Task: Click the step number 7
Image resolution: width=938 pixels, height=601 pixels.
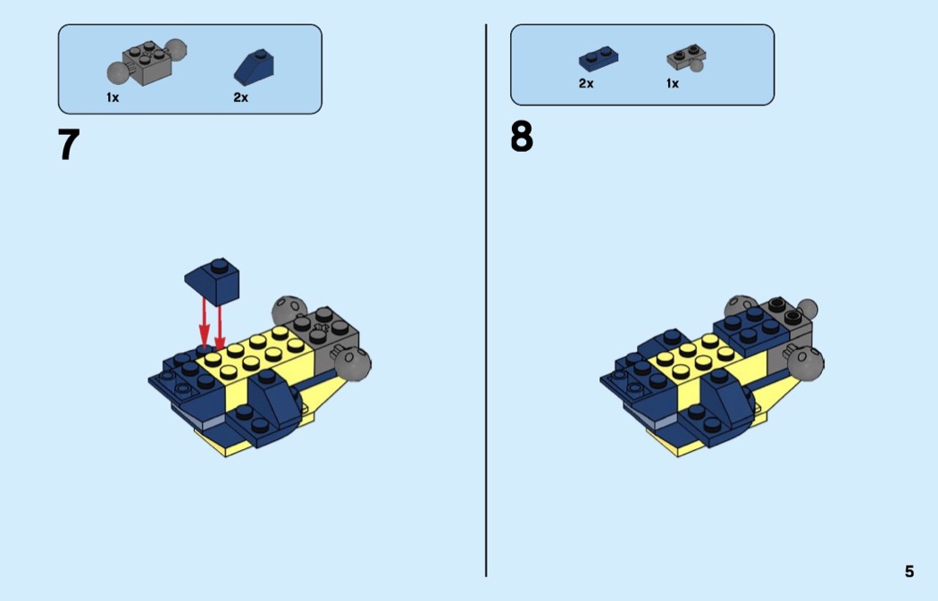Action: pos(69,144)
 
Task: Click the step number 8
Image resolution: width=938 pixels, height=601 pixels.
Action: pos(522,137)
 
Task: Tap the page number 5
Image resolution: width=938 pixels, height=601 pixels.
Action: pos(909,572)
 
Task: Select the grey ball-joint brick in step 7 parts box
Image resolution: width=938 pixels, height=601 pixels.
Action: pos(147,62)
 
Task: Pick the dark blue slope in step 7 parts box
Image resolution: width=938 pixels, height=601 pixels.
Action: pos(255,68)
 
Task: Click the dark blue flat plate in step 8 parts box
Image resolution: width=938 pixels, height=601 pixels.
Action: pos(599,59)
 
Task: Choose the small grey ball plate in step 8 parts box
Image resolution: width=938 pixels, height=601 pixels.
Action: pos(686,59)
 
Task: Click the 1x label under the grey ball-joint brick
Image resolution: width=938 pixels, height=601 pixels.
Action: pos(113,97)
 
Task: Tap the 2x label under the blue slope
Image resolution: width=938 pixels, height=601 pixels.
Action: pos(240,97)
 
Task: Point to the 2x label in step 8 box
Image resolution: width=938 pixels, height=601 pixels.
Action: pos(586,84)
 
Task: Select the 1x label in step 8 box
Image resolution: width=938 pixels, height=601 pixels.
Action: pos(673,84)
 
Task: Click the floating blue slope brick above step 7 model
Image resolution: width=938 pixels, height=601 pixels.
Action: pos(213,281)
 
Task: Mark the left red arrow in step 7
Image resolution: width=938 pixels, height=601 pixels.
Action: pos(205,323)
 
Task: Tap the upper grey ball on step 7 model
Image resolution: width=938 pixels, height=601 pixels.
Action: pos(289,310)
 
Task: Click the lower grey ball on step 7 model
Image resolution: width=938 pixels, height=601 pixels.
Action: pos(353,363)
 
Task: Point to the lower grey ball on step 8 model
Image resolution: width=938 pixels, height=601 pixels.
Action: pos(805,363)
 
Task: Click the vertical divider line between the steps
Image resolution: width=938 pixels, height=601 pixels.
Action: pos(486,300)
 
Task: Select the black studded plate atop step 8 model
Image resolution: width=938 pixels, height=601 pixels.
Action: pos(785,311)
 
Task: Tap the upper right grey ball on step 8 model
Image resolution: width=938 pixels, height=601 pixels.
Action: pos(808,309)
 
